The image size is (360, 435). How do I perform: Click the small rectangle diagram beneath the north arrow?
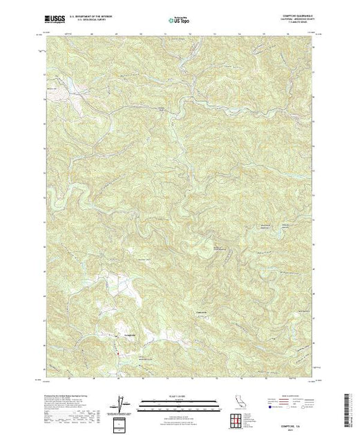122,423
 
